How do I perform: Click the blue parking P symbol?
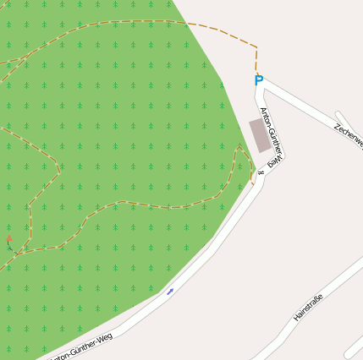259,80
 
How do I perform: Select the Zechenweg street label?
349,135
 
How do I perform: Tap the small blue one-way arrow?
170,292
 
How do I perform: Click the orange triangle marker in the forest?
9,239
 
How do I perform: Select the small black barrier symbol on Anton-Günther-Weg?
261,172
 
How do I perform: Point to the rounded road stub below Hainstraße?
354,346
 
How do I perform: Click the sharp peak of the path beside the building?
239,147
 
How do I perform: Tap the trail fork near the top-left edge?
25,58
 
